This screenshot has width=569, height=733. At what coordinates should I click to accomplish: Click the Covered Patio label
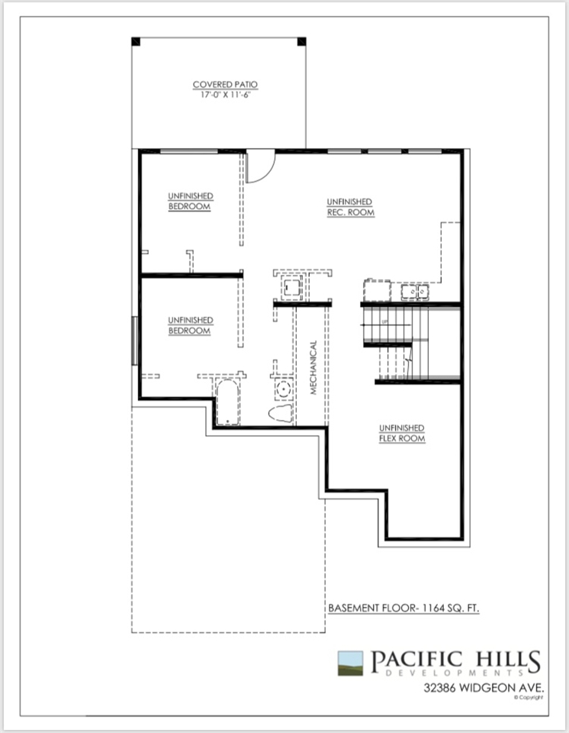pos(225,85)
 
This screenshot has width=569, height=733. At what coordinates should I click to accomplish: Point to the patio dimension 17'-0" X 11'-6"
pos(225,95)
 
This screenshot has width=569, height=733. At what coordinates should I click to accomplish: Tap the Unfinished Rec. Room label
pos(350,207)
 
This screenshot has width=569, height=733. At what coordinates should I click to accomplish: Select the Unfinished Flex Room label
pos(402,434)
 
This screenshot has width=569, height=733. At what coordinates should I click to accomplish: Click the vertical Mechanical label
pos(313,367)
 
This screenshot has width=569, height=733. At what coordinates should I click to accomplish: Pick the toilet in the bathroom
pos(281,414)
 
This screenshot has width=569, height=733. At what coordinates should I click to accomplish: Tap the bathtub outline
pos(227,402)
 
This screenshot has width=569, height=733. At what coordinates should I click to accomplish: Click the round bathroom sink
pos(283,389)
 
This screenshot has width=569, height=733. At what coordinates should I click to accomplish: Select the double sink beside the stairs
pos(415,292)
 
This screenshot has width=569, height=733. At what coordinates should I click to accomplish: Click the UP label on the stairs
pos(384,321)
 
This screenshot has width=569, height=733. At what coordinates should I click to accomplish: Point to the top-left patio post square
pos(136,41)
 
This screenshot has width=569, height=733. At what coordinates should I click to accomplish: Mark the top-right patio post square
pos(302,41)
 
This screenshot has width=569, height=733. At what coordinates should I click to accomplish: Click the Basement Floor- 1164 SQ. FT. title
pos(403,609)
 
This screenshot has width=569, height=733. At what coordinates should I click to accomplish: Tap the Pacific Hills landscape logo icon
pos(350,664)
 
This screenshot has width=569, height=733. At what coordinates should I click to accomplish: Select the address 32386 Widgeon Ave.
pos(484,688)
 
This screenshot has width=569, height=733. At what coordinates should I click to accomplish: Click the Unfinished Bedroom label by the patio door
pos(190,202)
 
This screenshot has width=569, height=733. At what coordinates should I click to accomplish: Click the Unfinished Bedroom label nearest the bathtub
pos(190,326)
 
